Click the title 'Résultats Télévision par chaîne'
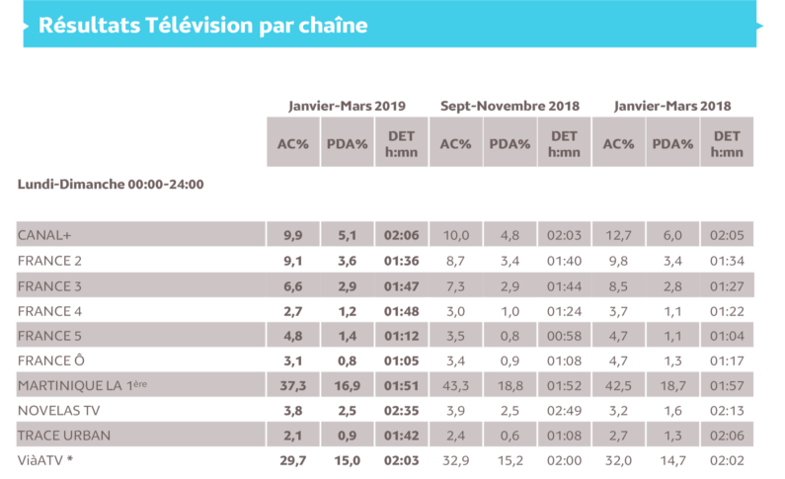click(202, 26)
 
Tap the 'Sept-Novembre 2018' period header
click(510, 106)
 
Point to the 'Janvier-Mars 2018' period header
click(672, 106)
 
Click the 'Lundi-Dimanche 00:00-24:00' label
click(111, 185)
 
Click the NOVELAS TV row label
click(60, 409)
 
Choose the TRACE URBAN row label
click(64, 435)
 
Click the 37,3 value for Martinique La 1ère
click(293, 384)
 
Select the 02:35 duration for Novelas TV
click(402, 409)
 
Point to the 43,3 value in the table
click(455, 384)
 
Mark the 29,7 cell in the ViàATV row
click(293, 459)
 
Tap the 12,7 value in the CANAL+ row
click(618, 235)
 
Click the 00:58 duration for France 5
click(564, 335)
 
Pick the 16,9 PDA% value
click(348, 384)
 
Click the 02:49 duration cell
click(564, 409)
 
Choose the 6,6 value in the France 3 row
click(293, 284)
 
